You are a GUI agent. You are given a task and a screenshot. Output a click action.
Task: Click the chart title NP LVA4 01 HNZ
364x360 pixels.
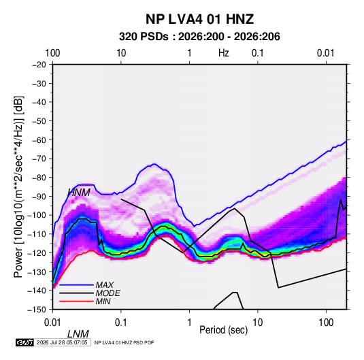click(199, 19)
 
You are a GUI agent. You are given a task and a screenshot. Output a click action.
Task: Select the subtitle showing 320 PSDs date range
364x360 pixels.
click(199, 37)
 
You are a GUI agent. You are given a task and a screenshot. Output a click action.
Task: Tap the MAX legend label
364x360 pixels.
click(105, 284)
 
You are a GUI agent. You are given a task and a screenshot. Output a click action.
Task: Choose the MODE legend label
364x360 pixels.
click(107, 293)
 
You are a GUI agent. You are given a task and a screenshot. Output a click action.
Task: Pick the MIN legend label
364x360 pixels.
click(103, 301)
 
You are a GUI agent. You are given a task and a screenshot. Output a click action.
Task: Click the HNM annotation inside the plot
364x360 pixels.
click(79, 193)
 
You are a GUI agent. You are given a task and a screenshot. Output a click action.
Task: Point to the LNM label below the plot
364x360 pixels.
click(78, 334)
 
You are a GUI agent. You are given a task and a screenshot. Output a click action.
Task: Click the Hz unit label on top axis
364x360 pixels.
click(224, 53)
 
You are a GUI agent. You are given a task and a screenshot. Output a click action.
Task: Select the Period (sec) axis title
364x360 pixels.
click(224, 330)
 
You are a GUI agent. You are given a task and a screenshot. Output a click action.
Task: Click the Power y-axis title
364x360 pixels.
click(18, 186)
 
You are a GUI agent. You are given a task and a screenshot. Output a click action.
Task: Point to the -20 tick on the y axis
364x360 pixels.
click(39, 65)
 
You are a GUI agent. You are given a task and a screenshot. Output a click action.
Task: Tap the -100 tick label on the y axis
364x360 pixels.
click(37, 215)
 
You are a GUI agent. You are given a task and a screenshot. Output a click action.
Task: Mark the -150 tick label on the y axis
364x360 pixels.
click(37, 310)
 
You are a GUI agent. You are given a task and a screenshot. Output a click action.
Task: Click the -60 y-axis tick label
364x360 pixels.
click(39, 140)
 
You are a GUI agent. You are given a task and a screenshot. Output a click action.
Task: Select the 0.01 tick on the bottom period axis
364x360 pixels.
click(52, 323)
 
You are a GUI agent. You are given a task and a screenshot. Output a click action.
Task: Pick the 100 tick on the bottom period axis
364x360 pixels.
click(326, 323)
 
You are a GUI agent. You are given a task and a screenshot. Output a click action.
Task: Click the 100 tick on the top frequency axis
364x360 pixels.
click(52, 53)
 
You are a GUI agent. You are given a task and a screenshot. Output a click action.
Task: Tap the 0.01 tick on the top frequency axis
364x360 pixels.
click(326, 53)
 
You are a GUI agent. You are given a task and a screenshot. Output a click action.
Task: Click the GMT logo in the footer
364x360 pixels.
click(25, 342)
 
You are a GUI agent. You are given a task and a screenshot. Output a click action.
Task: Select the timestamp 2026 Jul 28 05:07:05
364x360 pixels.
click(62, 342)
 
